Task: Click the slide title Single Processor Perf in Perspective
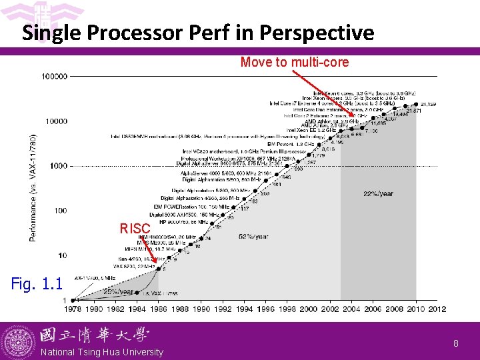[198, 33]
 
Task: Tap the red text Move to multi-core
[294, 62]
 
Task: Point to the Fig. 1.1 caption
[37, 285]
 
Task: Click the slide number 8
[456, 343]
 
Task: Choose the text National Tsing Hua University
[101, 352]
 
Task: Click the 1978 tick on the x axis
[73, 309]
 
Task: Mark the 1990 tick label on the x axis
[201, 309]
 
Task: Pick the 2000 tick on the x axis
[309, 309]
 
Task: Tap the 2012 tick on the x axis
[437, 309]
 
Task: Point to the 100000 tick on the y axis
[54, 77]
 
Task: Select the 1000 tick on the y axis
[59, 166]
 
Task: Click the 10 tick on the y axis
[63, 255]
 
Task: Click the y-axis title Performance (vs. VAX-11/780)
[33, 187]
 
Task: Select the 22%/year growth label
[378, 194]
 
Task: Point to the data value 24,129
[429, 105]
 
